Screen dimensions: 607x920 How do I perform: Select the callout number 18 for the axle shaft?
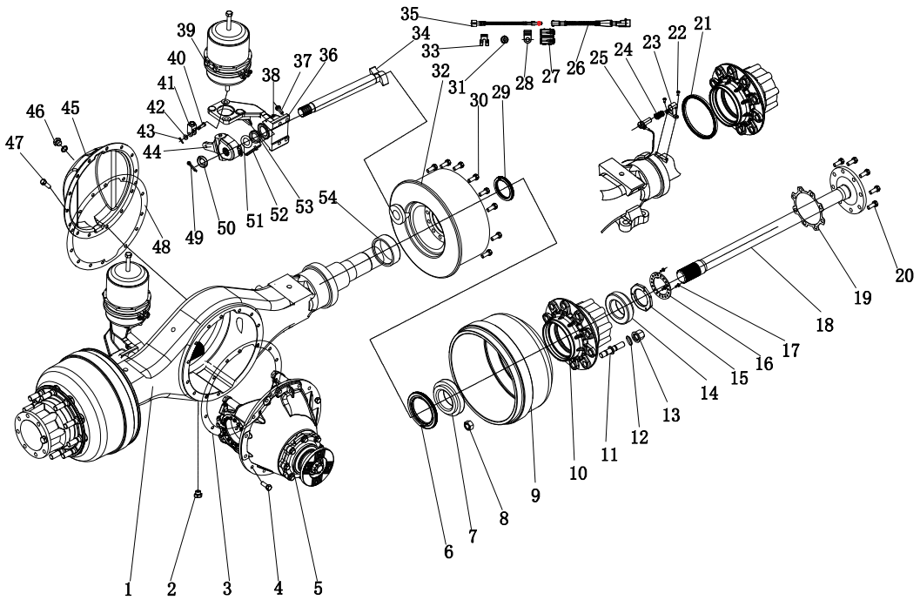click(824, 325)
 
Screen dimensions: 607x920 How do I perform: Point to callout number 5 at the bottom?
click(318, 588)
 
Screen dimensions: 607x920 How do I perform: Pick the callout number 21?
click(702, 24)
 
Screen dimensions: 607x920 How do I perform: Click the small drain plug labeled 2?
click(198, 495)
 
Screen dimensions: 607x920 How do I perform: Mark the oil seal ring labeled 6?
click(426, 410)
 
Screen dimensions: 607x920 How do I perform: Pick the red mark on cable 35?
click(541, 23)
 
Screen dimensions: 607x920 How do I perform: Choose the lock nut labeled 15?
click(640, 300)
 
